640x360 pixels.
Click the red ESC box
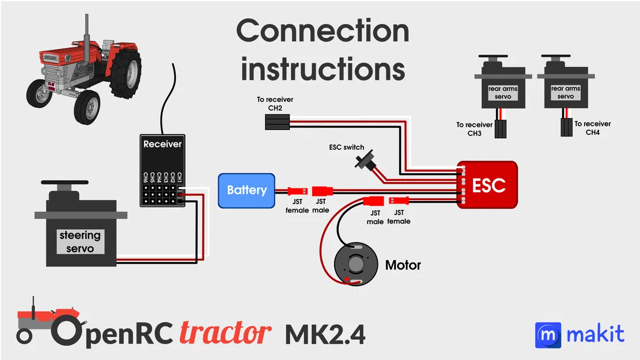pos(489,185)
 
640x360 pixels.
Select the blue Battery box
pos(247,190)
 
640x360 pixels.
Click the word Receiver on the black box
pos(162,144)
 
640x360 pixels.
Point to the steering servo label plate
pos(80,242)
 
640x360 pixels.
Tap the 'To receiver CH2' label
pos(270,104)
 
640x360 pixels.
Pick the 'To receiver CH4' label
pos(592,128)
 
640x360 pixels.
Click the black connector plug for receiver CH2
pos(277,122)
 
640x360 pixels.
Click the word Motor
pos(403,266)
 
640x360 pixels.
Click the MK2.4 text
pos(325,335)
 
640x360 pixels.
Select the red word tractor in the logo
pos(225,333)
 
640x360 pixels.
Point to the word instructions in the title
pos(323,69)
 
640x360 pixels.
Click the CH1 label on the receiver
pos(180,177)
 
